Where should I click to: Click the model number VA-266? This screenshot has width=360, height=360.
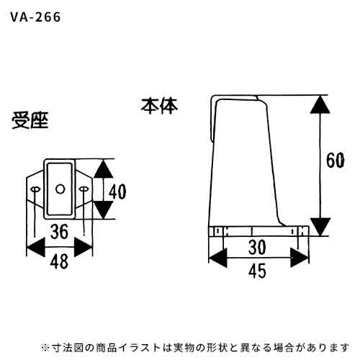pos(35,17)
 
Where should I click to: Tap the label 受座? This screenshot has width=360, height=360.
pos(30,120)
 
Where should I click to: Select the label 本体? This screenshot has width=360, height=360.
pos(159,106)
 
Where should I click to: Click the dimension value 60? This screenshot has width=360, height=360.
pos(336,161)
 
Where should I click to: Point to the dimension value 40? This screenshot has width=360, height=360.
pos(117,192)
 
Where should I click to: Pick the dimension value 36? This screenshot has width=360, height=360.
pos(59,232)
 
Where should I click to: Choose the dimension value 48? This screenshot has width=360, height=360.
pos(59,261)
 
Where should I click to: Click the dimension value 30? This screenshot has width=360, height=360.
pos(257,248)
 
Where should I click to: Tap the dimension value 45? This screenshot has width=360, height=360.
pos(257,271)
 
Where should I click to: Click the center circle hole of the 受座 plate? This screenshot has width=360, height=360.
pos(60,189)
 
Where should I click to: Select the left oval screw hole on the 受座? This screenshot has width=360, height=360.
pos(35,189)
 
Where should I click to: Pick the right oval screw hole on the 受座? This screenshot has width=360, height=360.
pos(84,189)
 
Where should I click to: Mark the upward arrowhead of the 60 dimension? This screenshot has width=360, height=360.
pos(320,104)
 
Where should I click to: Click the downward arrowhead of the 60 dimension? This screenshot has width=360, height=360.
pos(320,227)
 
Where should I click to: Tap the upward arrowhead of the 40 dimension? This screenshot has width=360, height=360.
pos(103,169)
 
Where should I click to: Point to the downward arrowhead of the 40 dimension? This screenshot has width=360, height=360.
pos(103,210)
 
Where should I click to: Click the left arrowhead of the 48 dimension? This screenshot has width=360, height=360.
pos(35,247)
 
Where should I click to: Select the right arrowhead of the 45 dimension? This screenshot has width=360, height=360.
pos(300,258)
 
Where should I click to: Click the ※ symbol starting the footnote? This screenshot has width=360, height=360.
pos(45,347)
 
